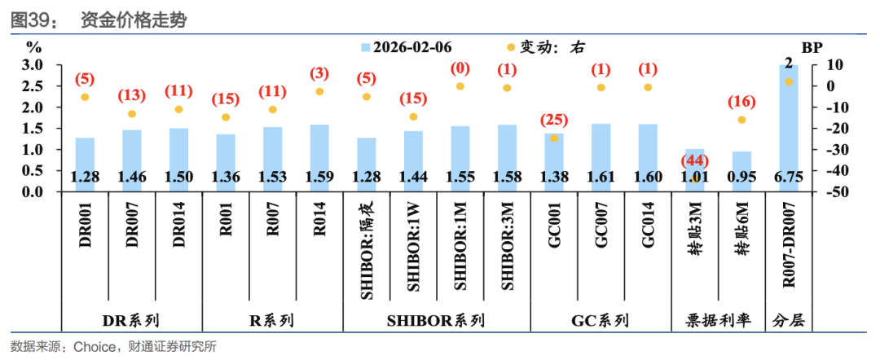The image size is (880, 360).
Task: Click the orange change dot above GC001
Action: point(554,138)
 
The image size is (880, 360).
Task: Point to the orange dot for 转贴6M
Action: point(741,120)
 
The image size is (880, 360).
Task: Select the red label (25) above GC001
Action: point(554,121)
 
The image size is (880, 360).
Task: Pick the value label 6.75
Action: point(789,177)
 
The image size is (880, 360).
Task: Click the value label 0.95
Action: point(741,177)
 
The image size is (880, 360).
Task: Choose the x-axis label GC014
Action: point(648,226)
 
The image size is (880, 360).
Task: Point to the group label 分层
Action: point(789,321)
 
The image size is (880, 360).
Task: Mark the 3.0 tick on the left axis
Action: point(32,64)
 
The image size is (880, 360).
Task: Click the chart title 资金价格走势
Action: point(134,20)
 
